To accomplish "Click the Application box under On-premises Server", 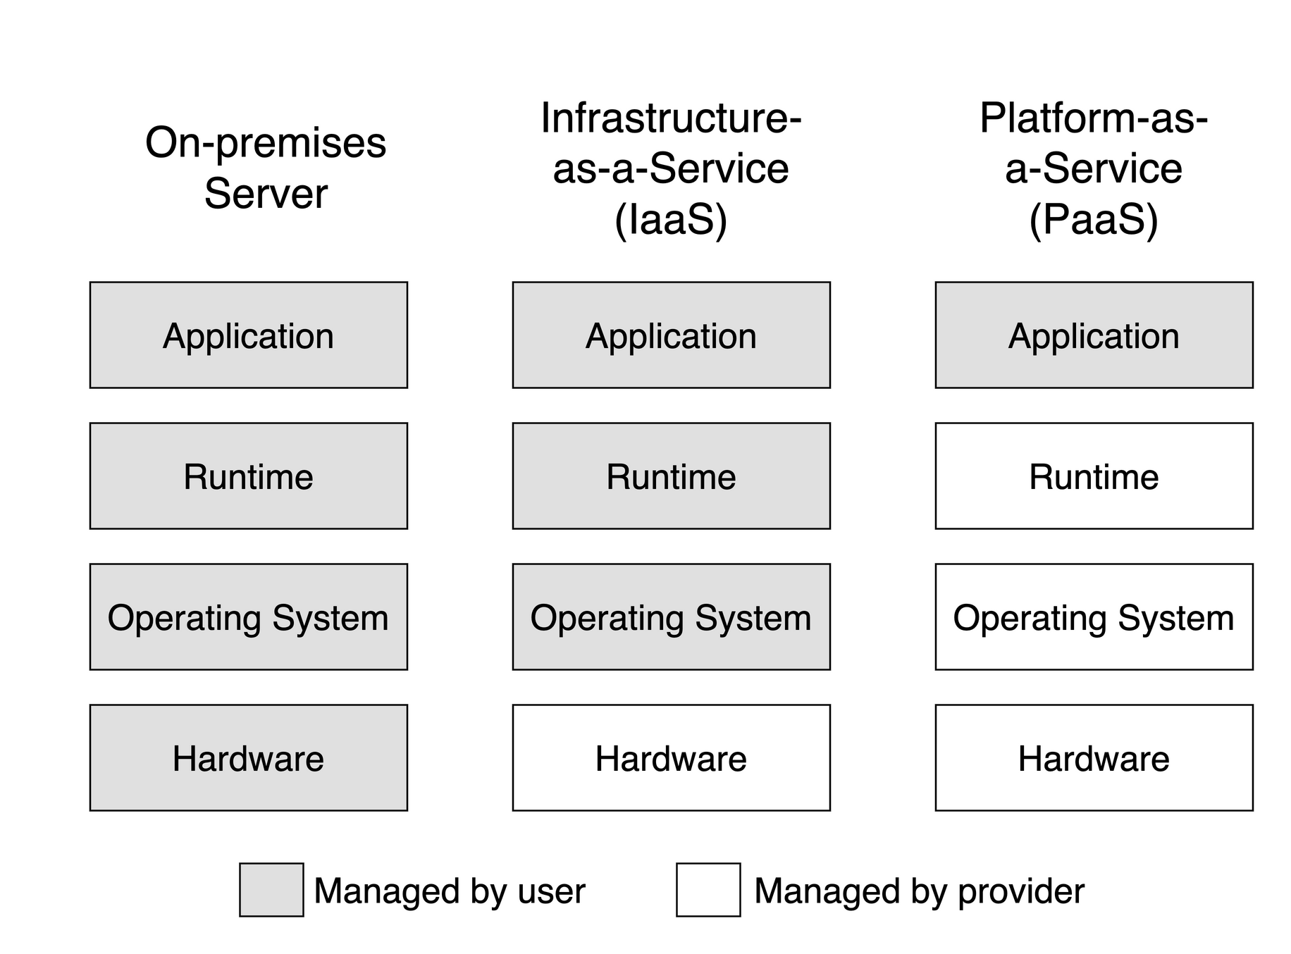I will [x=248, y=335].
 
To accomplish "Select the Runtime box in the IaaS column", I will [x=671, y=476].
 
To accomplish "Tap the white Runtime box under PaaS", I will [x=1094, y=476].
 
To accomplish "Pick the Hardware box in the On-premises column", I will [x=248, y=758].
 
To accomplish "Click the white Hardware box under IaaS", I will [x=671, y=758].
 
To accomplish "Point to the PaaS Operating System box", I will [x=1094, y=617].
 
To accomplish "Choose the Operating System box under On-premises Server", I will [x=248, y=617].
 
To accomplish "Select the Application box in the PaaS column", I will [x=1094, y=335].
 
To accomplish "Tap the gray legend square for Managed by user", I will [x=271, y=890].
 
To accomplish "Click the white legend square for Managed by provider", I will [x=708, y=890].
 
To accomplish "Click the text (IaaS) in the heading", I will [x=671, y=220].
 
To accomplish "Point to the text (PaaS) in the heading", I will [x=1094, y=220].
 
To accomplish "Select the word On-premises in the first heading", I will [x=266, y=144].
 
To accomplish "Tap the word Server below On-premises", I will [x=266, y=194].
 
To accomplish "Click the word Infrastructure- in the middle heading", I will [x=671, y=118].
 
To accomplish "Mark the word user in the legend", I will [x=551, y=892].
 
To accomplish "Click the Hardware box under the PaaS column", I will [x=1094, y=758].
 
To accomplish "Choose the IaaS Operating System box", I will [x=671, y=617].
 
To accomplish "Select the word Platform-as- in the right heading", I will [x=1094, y=118].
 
